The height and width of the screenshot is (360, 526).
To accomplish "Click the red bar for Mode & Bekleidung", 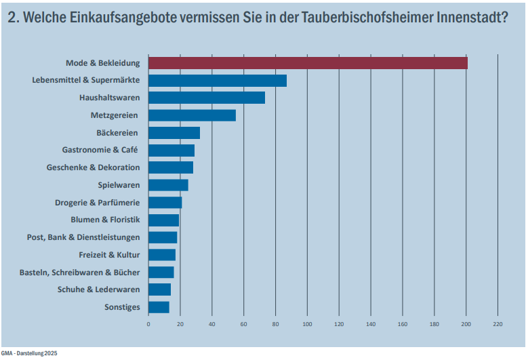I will (308, 63).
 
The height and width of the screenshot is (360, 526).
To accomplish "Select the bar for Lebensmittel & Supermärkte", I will (217, 81).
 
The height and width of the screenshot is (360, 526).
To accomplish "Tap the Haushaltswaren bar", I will (206, 98).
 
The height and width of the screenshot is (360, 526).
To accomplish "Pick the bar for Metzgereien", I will (192, 115).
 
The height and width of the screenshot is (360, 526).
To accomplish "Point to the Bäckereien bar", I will (174, 133).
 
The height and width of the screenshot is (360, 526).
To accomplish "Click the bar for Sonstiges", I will (159, 307).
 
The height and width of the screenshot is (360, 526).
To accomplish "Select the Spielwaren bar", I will (168, 185).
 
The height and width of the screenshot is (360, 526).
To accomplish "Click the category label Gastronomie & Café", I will (100, 150).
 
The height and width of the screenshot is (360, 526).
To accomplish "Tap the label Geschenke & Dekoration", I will (93, 167).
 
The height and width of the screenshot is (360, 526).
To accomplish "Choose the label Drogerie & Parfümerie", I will (97, 202).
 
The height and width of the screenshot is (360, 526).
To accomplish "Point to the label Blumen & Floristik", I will (105, 220).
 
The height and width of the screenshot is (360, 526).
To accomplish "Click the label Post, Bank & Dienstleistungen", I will (83, 237).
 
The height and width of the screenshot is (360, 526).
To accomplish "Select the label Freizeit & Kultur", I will (109, 255).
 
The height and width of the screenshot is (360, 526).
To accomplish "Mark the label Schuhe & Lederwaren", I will (99, 289).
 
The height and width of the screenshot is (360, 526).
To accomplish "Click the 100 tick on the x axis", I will (307, 324).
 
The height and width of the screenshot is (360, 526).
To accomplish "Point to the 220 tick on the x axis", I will (498, 324).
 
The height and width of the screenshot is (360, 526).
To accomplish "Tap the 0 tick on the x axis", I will (148, 324).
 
